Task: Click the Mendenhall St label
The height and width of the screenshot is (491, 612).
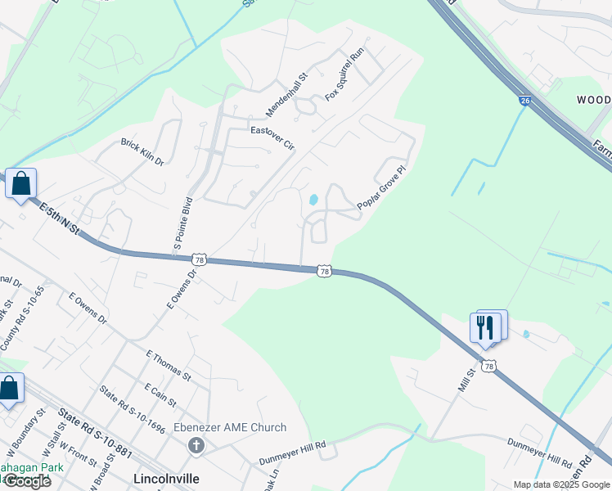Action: coord(286,93)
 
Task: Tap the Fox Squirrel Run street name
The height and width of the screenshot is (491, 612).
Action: coord(344,74)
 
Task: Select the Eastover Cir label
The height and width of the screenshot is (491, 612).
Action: coord(272,137)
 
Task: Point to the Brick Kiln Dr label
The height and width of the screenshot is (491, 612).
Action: coord(142,152)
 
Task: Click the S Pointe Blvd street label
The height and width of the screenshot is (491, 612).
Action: coord(182,223)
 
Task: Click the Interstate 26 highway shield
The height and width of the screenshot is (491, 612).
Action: coord(523,100)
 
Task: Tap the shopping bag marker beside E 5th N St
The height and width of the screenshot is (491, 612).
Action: coord(20,183)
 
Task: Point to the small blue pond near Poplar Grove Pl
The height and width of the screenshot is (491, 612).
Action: coord(313,200)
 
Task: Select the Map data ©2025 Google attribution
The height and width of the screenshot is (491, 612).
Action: coord(560,484)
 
